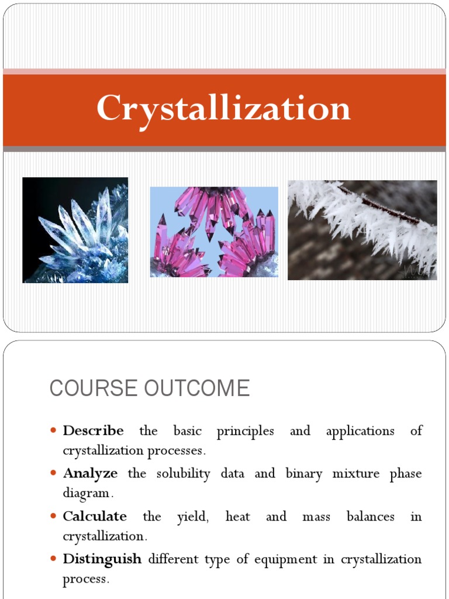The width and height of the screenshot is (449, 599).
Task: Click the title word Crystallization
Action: (224, 109)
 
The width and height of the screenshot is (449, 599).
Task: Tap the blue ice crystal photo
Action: (75, 230)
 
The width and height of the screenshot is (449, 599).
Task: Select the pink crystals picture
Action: (214, 232)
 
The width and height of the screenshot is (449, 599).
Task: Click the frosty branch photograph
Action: (362, 230)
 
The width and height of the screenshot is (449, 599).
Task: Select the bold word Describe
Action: (93, 431)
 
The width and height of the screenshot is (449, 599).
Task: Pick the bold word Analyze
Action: (90, 473)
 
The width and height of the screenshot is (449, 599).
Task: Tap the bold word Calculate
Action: (95, 517)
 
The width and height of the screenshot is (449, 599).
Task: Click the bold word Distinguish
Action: (102, 559)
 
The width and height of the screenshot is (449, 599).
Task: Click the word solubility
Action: (183, 474)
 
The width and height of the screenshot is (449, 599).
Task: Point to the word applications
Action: (360, 432)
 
